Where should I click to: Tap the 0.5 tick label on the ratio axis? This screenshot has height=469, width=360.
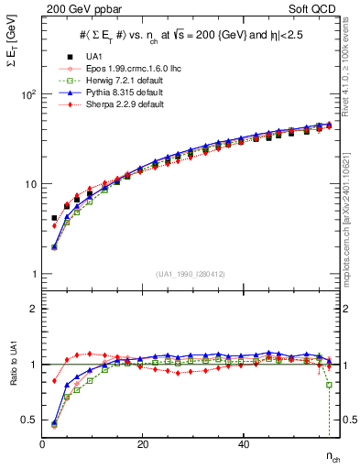(27, 420)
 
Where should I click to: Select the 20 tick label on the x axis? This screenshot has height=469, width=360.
(143, 444)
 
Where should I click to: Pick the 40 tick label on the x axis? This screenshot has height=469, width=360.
(243, 444)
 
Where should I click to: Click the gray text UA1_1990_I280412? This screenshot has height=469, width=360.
(190, 274)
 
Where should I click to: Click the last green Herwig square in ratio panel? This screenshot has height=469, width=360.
(329, 385)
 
